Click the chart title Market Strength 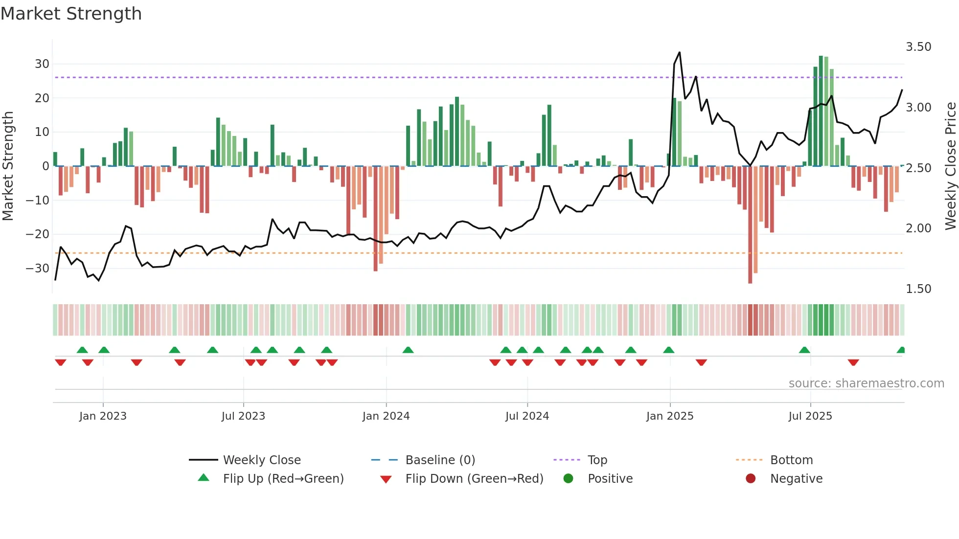pyautogui.click(x=71, y=14)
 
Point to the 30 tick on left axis pyautogui.click(x=42, y=64)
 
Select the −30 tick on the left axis pyautogui.click(x=38, y=269)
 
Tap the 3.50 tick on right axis pyautogui.click(x=918, y=47)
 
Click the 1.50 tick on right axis pyautogui.click(x=918, y=289)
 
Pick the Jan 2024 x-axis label pyautogui.click(x=386, y=416)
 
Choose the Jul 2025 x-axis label pyautogui.click(x=810, y=416)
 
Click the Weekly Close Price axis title pyautogui.click(x=950, y=166)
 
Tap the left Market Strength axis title pyautogui.click(x=8, y=166)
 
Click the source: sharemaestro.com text pyautogui.click(x=866, y=383)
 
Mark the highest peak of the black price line pyautogui.click(x=680, y=52)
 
